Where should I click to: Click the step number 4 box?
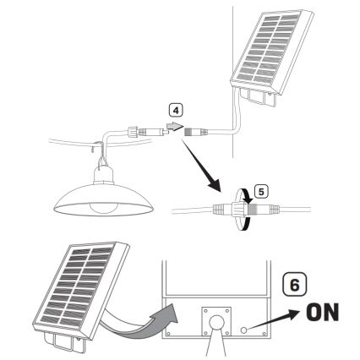pos(175,110)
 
